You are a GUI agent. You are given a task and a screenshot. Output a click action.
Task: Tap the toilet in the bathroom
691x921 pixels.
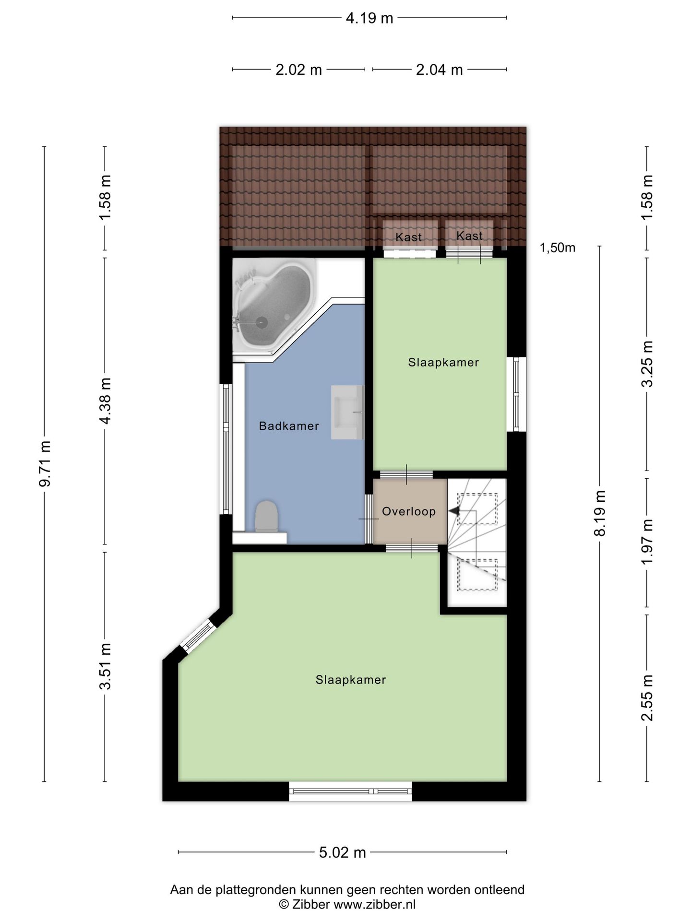(x=266, y=516)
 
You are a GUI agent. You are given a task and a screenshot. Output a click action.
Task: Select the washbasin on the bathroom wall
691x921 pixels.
(x=348, y=412)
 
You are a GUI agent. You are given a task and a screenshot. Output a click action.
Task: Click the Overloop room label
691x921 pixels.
(x=409, y=511)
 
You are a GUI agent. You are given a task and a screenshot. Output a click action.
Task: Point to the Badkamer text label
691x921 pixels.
(x=289, y=426)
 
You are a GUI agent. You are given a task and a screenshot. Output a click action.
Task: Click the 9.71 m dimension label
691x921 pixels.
(x=45, y=463)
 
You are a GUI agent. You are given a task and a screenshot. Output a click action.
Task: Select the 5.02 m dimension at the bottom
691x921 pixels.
(x=343, y=852)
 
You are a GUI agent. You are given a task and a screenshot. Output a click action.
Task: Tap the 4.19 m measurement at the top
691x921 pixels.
(x=369, y=18)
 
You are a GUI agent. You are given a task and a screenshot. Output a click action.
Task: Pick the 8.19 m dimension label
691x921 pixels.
(x=600, y=513)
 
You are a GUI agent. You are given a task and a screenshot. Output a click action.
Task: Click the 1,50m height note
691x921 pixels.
(x=558, y=248)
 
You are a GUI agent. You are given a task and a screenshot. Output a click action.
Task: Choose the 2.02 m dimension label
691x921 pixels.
(x=298, y=70)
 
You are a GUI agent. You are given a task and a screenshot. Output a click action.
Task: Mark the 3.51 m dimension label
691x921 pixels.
(x=105, y=666)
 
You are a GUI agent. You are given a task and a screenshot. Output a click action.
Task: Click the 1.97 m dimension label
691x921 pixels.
(x=647, y=542)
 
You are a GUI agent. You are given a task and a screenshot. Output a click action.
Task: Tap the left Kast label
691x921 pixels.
(x=409, y=237)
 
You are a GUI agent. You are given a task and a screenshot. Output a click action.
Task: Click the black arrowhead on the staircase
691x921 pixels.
(x=454, y=511)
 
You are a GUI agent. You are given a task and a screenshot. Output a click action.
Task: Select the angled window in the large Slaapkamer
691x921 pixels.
(x=198, y=636)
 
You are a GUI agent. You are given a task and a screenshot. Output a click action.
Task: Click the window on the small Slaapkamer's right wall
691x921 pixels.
(x=516, y=394)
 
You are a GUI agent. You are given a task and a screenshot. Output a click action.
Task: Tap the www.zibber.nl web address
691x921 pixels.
(x=374, y=905)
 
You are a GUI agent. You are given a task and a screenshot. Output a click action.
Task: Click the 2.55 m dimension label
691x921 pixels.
(x=647, y=697)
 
